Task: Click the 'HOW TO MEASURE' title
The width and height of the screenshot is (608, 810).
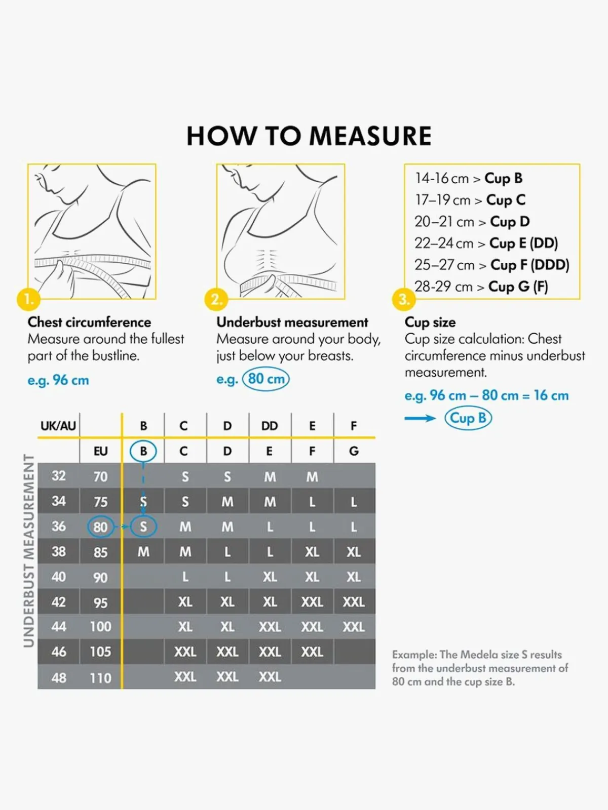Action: [x=309, y=136]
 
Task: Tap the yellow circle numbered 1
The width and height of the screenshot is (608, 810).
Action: [x=28, y=299]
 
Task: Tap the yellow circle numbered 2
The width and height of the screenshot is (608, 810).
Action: [x=216, y=299]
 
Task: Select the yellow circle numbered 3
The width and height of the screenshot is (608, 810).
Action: [x=403, y=299]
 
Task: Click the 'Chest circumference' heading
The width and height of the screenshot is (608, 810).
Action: [x=89, y=322]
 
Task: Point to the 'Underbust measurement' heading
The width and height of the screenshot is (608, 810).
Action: [x=292, y=322]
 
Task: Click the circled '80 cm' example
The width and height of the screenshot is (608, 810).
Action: [x=266, y=379]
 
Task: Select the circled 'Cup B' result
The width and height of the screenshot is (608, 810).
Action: [x=468, y=418]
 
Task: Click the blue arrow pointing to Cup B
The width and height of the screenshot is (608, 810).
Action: [x=420, y=418]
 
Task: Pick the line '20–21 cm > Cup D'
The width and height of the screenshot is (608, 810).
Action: [x=472, y=222]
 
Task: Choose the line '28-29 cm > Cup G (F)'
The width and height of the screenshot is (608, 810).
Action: [x=481, y=287]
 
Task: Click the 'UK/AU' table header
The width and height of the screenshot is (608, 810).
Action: [x=58, y=426]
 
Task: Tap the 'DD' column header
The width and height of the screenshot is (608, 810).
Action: [x=270, y=426]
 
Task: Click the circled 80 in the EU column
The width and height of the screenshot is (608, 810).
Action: [x=100, y=527]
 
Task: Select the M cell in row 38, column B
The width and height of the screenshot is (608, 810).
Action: [x=143, y=552]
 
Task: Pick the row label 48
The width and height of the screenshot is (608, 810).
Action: [x=59, y=677]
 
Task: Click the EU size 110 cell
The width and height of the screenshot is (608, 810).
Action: [x=100, y=677]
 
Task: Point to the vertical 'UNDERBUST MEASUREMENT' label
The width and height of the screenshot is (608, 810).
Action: [x=29, y=550]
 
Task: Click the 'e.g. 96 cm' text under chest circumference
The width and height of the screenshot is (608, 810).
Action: [x=58, y=380]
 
